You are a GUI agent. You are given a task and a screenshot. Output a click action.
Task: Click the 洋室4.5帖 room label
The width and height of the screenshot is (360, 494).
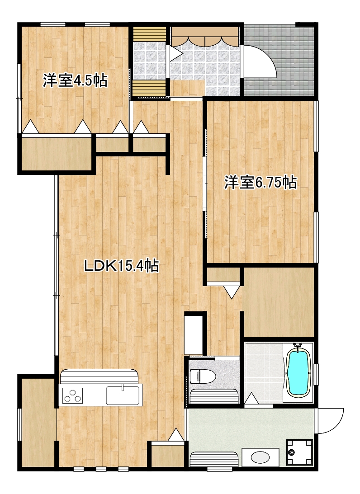[76, 80]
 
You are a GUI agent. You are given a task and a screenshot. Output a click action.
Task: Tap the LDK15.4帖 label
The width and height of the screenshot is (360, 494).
[121, 266]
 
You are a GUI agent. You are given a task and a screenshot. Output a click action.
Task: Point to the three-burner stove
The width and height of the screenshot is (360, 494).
[73, 395]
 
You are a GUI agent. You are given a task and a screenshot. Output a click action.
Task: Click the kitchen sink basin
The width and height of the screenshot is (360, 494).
[123, 395]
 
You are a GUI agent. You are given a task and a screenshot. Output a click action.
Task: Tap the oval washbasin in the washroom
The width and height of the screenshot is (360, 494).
[261, 457]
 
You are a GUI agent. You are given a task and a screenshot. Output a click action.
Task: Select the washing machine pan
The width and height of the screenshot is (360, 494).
[299, 452]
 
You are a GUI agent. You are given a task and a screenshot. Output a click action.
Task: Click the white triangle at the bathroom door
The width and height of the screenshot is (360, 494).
[251, 398]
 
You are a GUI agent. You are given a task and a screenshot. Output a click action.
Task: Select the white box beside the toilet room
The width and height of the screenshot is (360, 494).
[193, 334]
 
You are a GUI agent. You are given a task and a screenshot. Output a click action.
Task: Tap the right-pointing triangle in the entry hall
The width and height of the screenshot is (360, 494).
[176, 52]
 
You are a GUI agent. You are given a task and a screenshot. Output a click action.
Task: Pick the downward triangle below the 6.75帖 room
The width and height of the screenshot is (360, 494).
[232, 292]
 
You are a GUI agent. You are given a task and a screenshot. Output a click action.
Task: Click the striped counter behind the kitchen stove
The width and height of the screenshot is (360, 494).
[99, 376]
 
